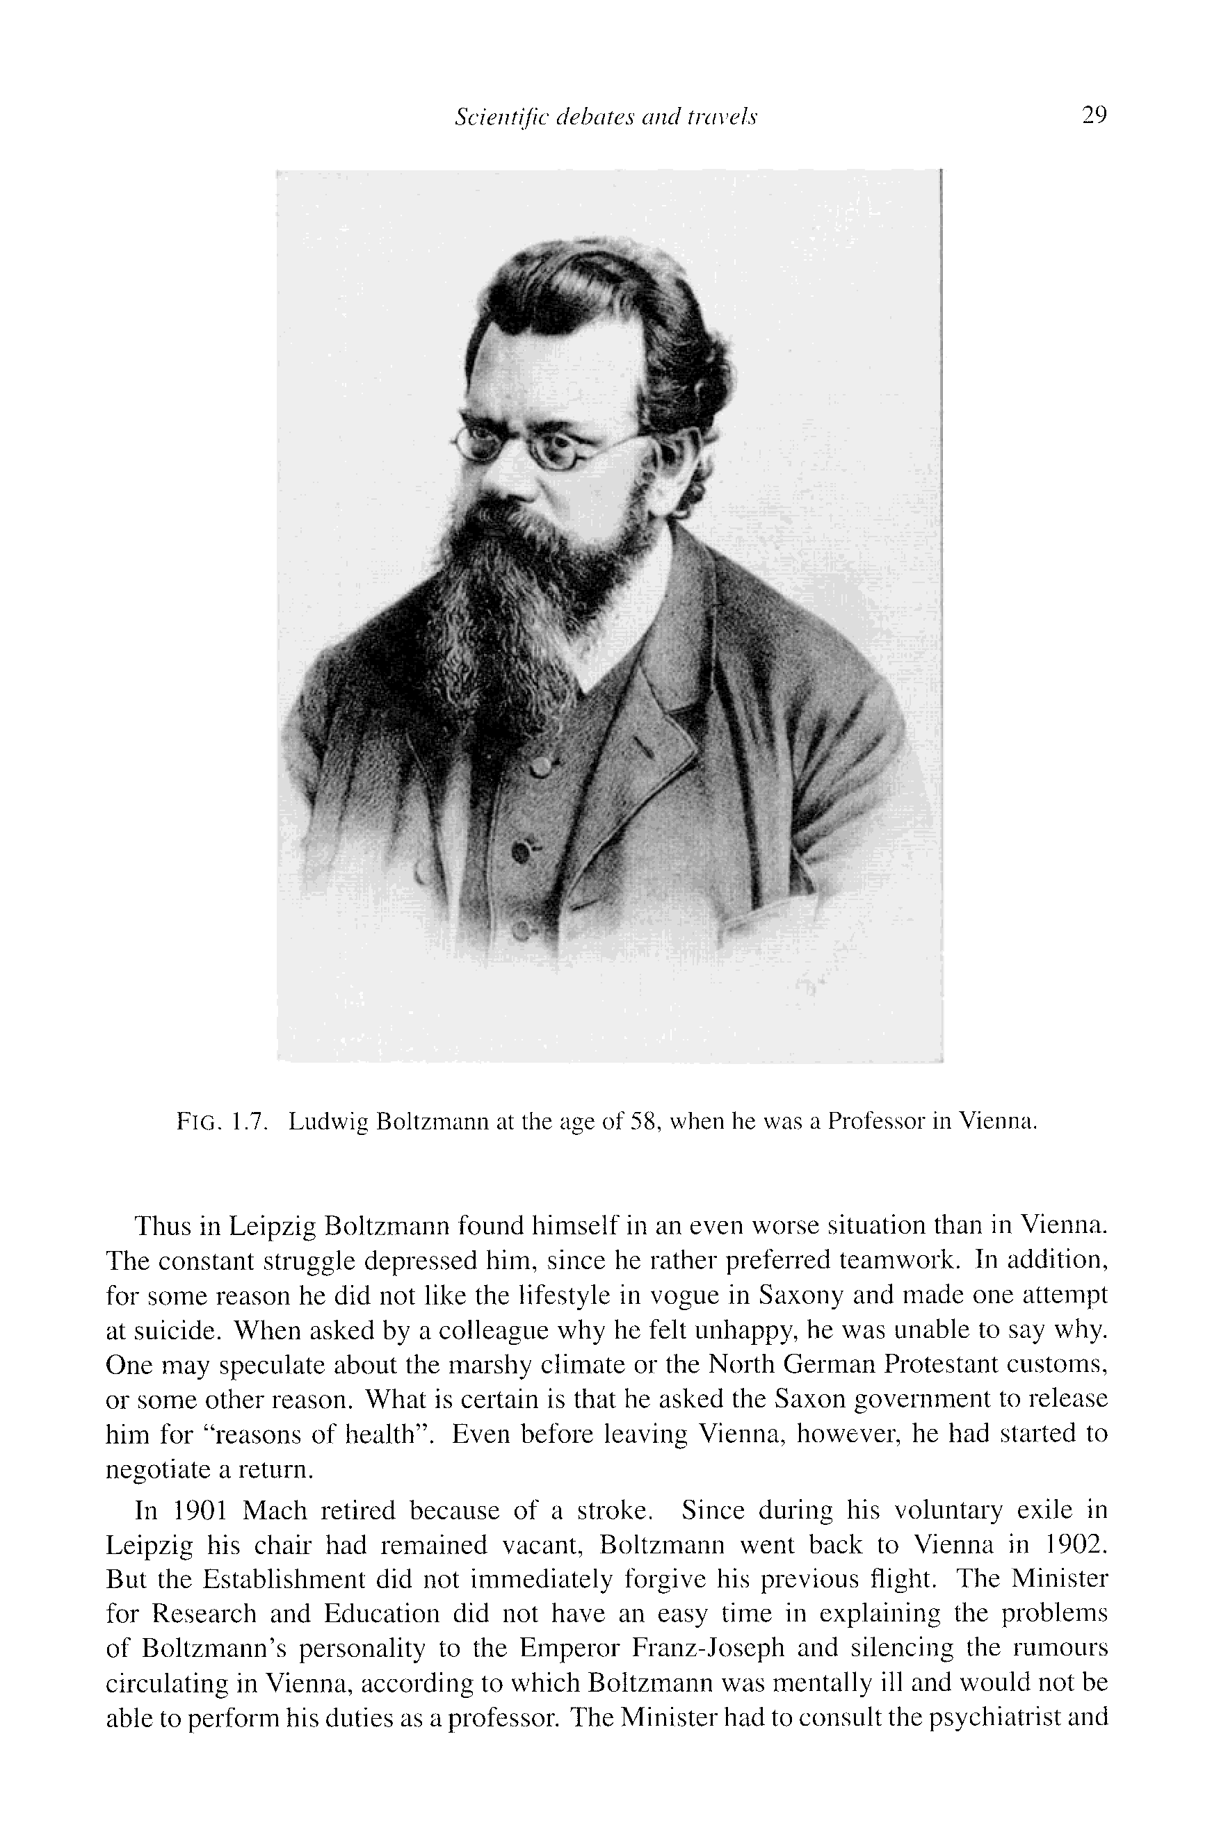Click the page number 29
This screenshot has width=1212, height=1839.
(x=1094, y=116)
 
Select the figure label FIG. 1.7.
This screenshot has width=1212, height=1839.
(x=222, y=1121)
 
